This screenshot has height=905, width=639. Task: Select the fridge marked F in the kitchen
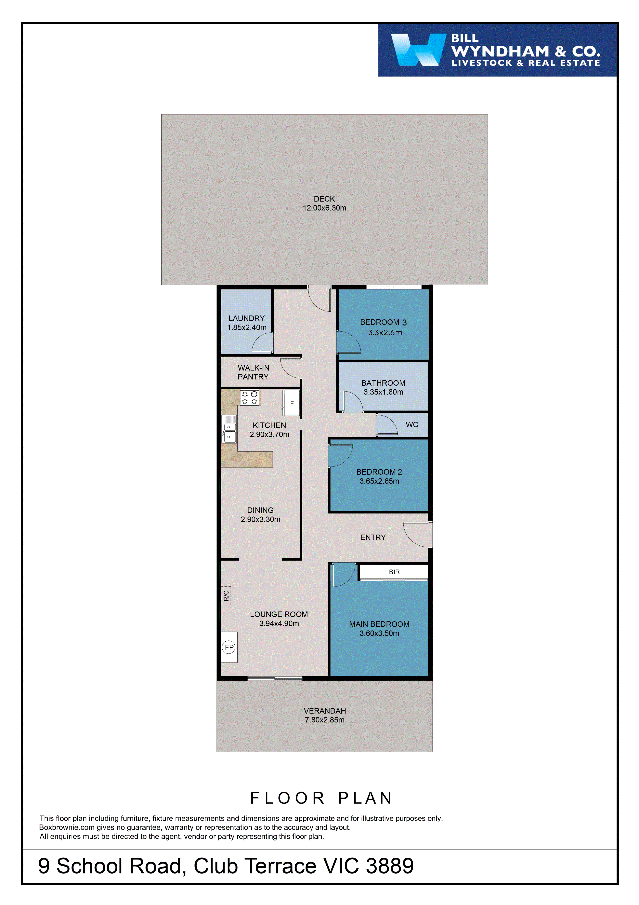292,403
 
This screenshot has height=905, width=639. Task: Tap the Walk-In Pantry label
253,372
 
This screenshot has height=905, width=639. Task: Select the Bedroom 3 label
383,322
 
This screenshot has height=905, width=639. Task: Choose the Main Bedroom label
379,624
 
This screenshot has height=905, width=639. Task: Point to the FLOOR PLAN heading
321,798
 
